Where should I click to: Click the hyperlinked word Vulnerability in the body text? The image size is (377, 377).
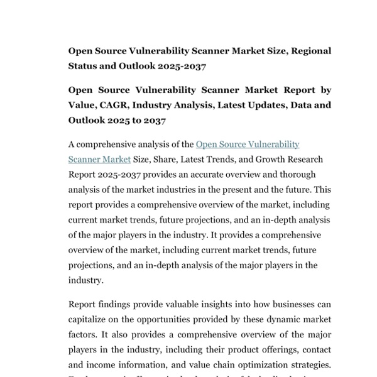pos(271,145)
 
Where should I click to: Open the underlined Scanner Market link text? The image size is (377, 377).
pos(99,160)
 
